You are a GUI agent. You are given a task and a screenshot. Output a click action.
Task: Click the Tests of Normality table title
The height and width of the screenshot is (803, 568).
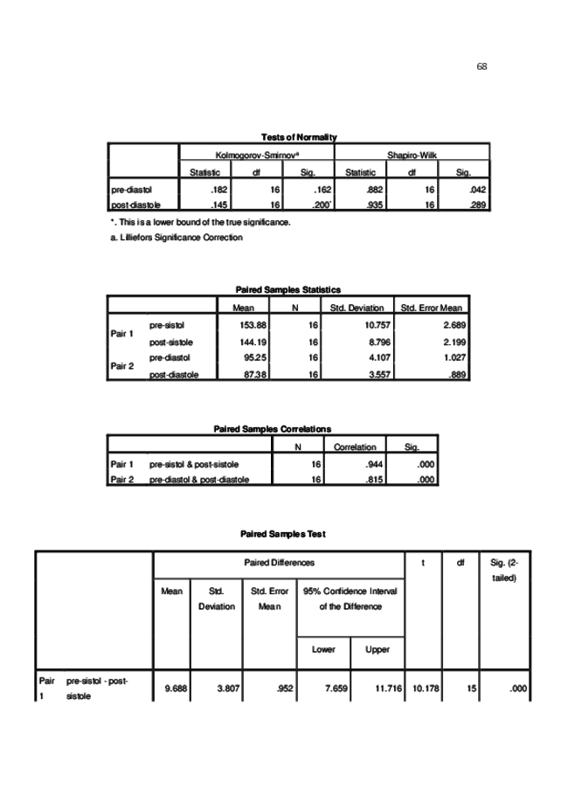[299, 137]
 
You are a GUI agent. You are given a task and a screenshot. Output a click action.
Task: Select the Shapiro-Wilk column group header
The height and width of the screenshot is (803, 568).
[412, 155]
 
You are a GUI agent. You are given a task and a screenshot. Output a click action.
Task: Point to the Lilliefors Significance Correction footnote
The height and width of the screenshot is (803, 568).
[177, 237]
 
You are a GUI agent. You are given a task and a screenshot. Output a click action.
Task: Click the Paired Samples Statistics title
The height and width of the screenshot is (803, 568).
[288, 289]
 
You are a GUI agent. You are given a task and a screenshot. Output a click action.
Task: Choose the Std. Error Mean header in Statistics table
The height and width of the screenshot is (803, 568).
[432, 308]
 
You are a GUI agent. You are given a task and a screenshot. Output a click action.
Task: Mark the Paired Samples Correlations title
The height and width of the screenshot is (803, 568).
[273, 429]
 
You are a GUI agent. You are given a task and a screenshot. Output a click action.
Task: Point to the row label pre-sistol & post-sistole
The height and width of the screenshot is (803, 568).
[194, 464]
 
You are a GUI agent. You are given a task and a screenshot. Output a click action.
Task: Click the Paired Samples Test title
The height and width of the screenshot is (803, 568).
[283, 534]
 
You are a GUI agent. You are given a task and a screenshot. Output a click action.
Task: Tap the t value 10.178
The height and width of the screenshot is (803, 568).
[425, 689]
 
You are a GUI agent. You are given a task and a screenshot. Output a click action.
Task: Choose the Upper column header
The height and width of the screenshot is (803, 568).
[378, 650]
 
